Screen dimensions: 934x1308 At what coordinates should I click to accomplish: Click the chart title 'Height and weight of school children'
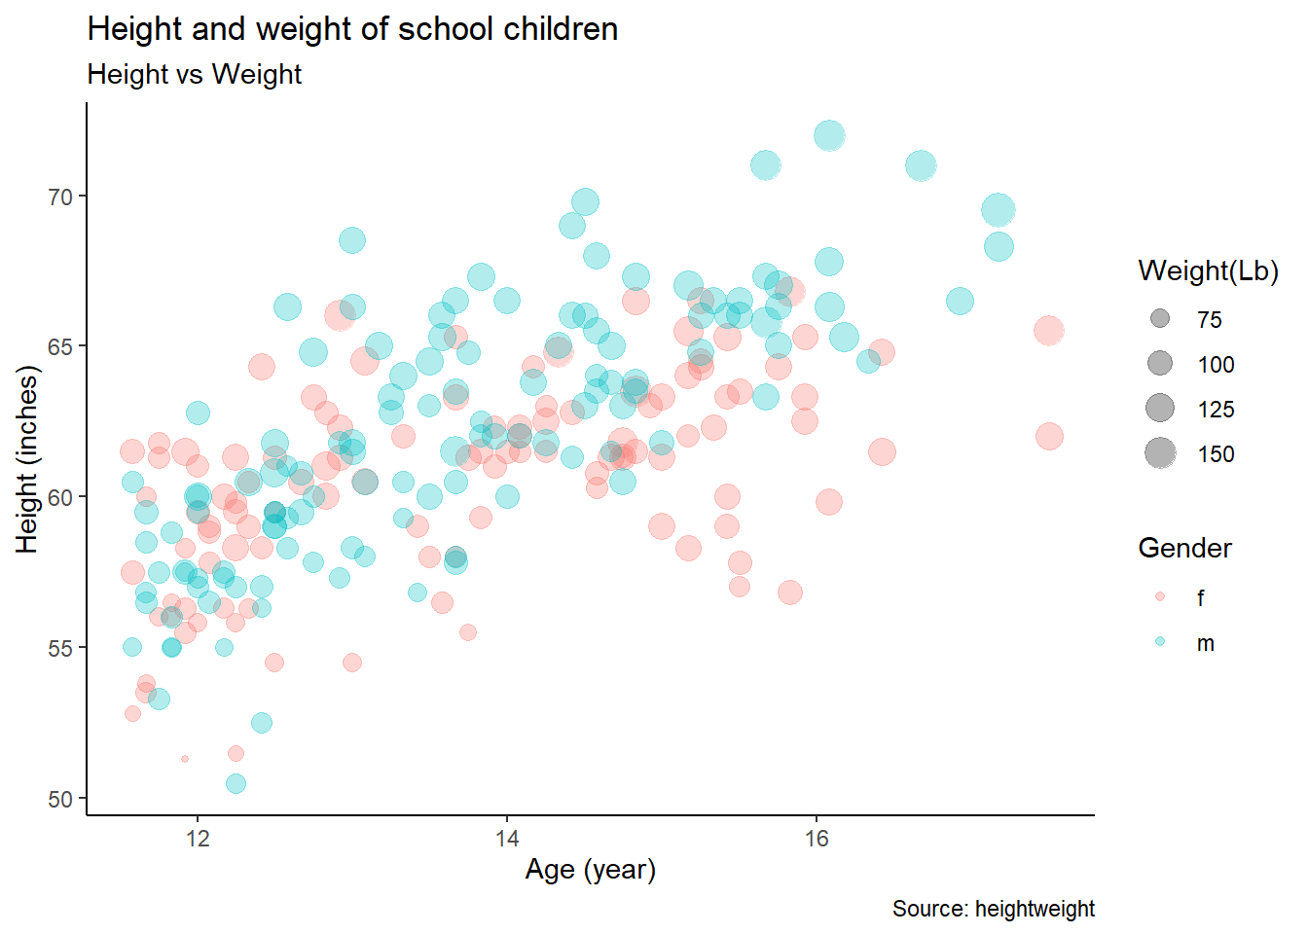(352, 29)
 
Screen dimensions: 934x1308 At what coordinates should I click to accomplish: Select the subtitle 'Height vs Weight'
(195, 75)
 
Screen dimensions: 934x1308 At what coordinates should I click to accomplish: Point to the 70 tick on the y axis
(60, 197)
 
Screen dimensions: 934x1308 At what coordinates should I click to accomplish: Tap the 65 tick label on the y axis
(60, 347)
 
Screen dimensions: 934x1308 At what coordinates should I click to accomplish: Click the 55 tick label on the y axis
(60, 648)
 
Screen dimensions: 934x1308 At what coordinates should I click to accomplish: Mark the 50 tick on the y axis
(60, 799)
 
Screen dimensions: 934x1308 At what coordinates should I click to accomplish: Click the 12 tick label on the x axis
(198, 839)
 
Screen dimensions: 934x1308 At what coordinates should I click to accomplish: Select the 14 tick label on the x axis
(507, 839)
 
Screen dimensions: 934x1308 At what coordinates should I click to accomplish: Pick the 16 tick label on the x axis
(817, 839)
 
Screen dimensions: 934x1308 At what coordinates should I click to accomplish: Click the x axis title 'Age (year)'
(591, 869)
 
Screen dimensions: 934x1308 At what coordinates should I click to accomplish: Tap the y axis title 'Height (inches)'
(27, 459)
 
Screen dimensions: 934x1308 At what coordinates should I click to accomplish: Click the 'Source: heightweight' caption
(993, 909)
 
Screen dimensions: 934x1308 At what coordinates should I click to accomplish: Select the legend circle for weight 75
(1160, 319)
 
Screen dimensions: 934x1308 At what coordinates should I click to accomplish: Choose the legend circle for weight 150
(1160, 453)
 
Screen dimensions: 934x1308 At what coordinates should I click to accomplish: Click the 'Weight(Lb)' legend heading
(1208, 271)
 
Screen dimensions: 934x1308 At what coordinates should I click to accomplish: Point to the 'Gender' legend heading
(1184, 549)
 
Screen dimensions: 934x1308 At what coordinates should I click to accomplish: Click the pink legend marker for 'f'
(1160, 596)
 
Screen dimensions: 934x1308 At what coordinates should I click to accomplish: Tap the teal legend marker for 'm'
(1160, 642)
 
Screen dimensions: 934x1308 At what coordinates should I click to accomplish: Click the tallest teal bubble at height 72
(829, 136)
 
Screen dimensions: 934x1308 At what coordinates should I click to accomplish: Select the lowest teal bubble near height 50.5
(236, 783)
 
